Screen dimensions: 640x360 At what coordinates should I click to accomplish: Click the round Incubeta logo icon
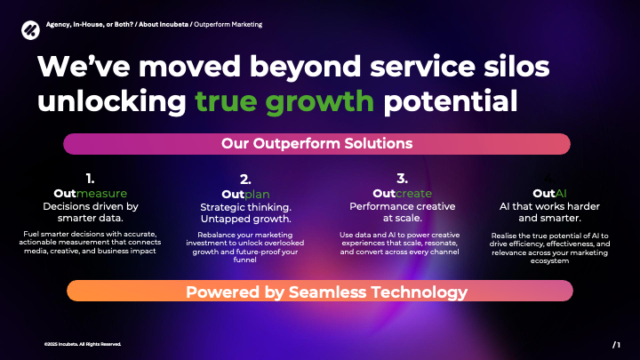[30, 30]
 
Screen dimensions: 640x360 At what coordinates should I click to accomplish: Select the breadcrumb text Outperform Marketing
[228, 25]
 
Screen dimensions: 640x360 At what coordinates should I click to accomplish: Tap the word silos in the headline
[516, 67]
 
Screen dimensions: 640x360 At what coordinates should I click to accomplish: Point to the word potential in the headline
[451, 101]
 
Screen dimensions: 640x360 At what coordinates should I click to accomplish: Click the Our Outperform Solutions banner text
[316, 144]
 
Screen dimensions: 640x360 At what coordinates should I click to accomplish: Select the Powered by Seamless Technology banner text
[326, 292]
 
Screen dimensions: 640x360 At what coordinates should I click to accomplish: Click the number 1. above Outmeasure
[90, 179]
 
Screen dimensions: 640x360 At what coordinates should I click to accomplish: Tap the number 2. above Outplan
[245, 180]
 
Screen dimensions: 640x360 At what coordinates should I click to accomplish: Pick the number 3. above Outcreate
[402, 179]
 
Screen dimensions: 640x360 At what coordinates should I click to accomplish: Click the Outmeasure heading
[90, 194]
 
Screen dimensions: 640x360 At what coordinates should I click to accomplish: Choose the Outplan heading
[245, 195]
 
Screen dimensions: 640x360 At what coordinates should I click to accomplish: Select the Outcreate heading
[402, 194]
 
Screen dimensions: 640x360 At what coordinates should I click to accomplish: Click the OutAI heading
[549, 194]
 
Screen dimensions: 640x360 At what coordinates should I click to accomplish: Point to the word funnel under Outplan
[245, 260]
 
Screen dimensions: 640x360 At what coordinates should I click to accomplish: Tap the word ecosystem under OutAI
[549, 261]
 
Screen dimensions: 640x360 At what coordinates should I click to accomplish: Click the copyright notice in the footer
[83, 344]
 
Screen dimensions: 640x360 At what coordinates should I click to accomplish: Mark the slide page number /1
[616, 345]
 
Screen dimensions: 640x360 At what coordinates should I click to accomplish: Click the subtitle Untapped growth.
[245, 219]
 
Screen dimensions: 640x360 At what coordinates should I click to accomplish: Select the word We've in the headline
[84, 67]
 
